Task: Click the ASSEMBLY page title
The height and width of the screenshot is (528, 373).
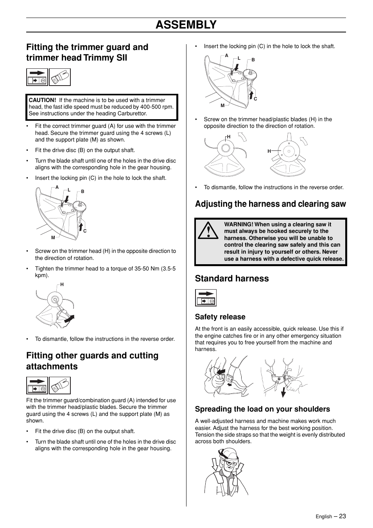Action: [186, 25]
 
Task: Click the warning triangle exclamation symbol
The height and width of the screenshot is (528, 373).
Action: [208, 230]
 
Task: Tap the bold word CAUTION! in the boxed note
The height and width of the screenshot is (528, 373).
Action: [42, 100]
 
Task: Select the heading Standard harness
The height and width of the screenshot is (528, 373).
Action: [232, 278]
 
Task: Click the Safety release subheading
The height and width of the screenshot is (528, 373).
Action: [220, 317]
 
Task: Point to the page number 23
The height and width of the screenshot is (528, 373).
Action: [343, 516]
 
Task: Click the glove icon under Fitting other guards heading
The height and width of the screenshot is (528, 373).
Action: [60, 385]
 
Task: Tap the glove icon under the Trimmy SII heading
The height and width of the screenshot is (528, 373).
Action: [60, 77]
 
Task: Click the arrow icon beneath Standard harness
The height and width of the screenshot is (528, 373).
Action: [206, 298]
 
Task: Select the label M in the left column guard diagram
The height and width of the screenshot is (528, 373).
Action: [53, 238]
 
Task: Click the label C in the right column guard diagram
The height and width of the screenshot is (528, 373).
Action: [255, 99]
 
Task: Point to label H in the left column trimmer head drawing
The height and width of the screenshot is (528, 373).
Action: [62, 285]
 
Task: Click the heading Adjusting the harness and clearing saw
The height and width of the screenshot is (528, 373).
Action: [270, 204]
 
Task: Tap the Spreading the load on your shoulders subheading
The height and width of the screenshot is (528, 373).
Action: [262, 409]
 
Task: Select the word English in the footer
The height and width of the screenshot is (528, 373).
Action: [324, 517]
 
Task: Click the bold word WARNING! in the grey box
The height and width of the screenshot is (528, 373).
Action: [239, 224]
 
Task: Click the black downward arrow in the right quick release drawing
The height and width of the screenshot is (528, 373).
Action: [283, 392]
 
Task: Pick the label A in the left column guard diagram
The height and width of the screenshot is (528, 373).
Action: [57, 187]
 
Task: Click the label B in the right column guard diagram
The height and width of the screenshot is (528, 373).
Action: [253, 60]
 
